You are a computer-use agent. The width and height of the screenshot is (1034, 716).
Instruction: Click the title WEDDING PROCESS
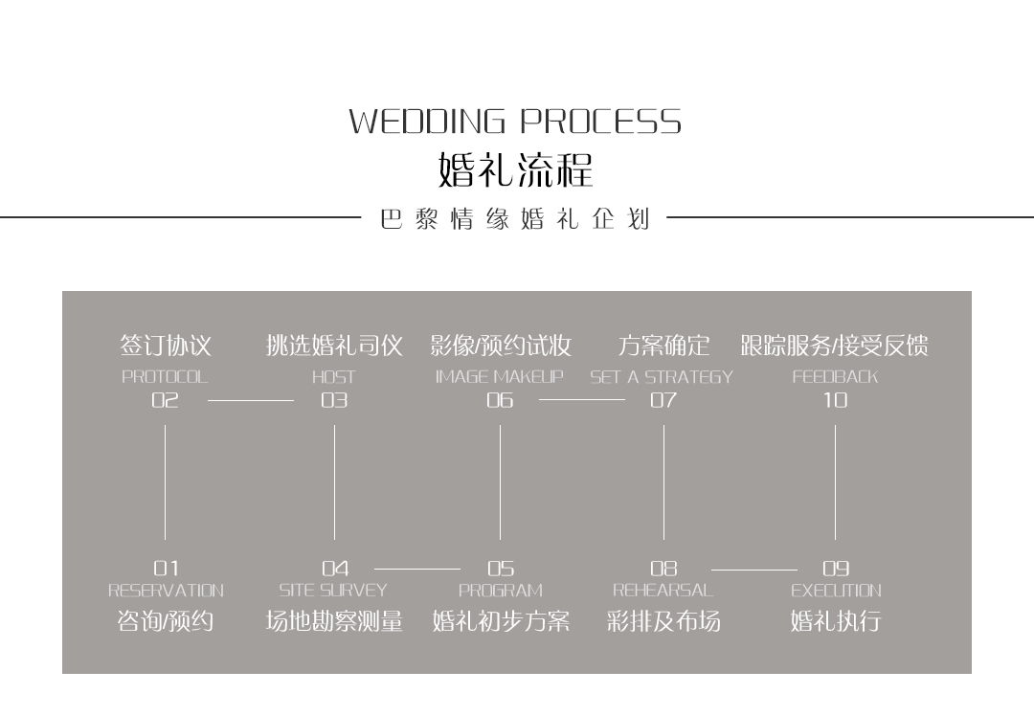click(515, 123)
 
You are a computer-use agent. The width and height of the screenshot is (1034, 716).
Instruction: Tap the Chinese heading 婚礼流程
click(515, 169)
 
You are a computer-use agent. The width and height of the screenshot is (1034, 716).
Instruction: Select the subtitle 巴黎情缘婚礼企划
click(515, 219)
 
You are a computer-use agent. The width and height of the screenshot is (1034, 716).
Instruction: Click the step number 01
click(166, 569)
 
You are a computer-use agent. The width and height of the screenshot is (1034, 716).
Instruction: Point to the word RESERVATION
click(166, 591)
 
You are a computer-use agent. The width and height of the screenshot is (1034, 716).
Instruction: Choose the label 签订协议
click(166, 346)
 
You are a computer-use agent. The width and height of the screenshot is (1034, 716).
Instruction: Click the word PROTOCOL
click(165, 377)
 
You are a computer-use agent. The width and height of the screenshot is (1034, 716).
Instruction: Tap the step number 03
click(334, 400)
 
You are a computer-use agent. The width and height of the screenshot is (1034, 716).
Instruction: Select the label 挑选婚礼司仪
click(334, 346)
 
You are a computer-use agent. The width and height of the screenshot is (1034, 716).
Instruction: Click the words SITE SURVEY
click(333, 591)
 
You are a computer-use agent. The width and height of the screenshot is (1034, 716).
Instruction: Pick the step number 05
click(500, 569)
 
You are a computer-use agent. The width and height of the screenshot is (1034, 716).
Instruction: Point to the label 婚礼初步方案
click(501, 622)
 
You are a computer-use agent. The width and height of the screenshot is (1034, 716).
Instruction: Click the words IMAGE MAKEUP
click(500, 377)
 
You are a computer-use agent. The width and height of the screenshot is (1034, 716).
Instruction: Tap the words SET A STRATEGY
click(662, 377)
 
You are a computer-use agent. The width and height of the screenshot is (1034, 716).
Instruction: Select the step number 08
click(663, 569)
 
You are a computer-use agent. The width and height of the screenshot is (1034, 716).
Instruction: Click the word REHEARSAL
click(663, 591)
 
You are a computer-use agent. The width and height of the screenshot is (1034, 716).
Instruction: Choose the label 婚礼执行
click(836, 622)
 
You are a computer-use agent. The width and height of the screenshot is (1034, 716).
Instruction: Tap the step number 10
click(836, 400)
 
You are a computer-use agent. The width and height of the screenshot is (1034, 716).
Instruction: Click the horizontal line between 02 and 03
click(251, 400)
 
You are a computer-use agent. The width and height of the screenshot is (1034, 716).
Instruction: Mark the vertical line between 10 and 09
click(835, 482)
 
